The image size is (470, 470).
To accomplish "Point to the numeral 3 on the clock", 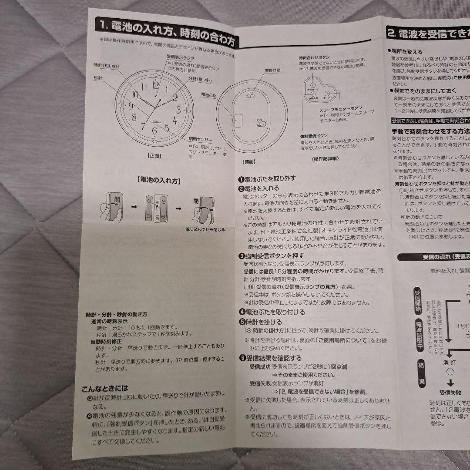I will (178, 109).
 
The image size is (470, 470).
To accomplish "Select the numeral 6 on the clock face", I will (154, 129).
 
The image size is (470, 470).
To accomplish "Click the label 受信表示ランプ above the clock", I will (181, 58).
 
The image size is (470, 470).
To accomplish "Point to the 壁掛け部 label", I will (272, 70).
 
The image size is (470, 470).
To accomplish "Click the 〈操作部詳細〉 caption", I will (325, 159).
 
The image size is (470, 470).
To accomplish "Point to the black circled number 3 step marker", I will (241, 255).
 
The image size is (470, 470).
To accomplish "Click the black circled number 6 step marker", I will (241, 358).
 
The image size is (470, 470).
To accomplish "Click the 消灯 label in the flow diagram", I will (450, 362).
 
